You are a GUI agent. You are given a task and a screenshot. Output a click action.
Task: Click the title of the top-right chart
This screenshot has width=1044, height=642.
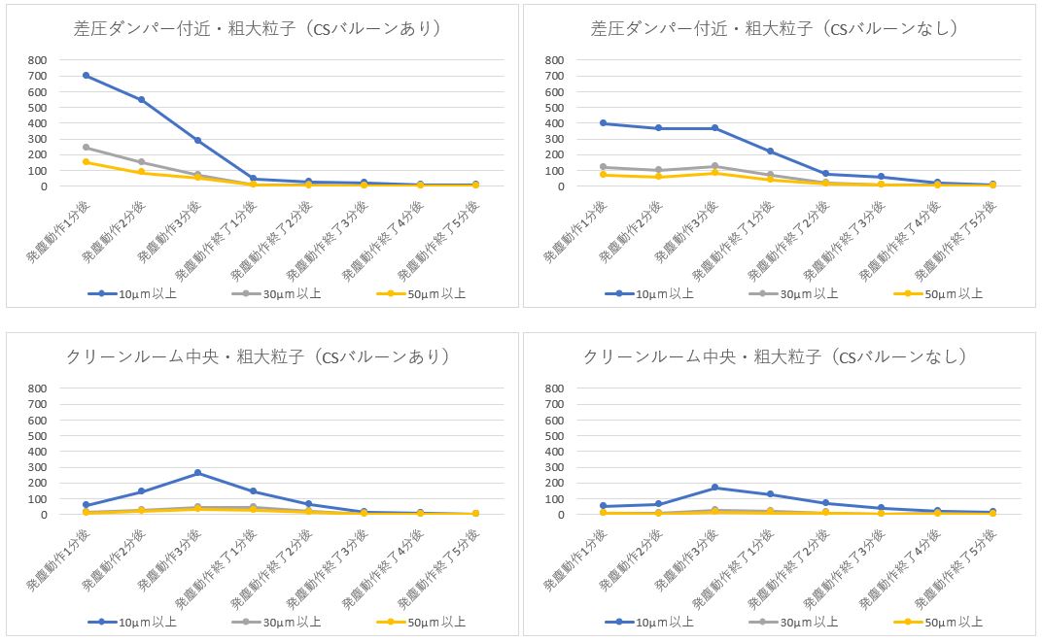pos(776,29)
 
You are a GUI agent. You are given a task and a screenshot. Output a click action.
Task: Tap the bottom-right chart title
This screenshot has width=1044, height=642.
pos(776,357)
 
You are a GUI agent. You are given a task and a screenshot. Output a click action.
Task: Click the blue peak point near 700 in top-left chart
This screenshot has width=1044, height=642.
pos(87,75)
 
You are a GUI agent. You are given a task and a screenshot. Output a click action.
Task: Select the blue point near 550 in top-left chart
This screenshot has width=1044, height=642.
pos(142,99)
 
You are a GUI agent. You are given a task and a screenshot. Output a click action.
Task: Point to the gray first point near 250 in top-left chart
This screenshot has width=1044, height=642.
pos(87,147)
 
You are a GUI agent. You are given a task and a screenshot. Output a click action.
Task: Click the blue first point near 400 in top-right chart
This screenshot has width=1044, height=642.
pos(604,123)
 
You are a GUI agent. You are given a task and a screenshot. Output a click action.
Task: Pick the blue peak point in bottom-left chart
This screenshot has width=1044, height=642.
pos(197,473)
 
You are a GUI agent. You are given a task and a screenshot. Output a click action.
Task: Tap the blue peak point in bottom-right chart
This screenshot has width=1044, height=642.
pos(714,488)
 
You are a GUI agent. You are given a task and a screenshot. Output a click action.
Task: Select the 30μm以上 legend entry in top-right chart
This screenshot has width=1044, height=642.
pos(793,293)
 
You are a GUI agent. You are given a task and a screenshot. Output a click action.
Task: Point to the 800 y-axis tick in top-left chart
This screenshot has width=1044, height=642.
pos(37,60)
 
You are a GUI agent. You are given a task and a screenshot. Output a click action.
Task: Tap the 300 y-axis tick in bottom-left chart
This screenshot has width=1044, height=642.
pos(37,468)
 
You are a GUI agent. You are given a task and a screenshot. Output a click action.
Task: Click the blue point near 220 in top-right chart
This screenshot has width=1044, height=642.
pos(770,152)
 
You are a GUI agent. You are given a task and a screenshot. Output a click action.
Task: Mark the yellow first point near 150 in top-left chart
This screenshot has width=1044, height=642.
pos(87,162)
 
